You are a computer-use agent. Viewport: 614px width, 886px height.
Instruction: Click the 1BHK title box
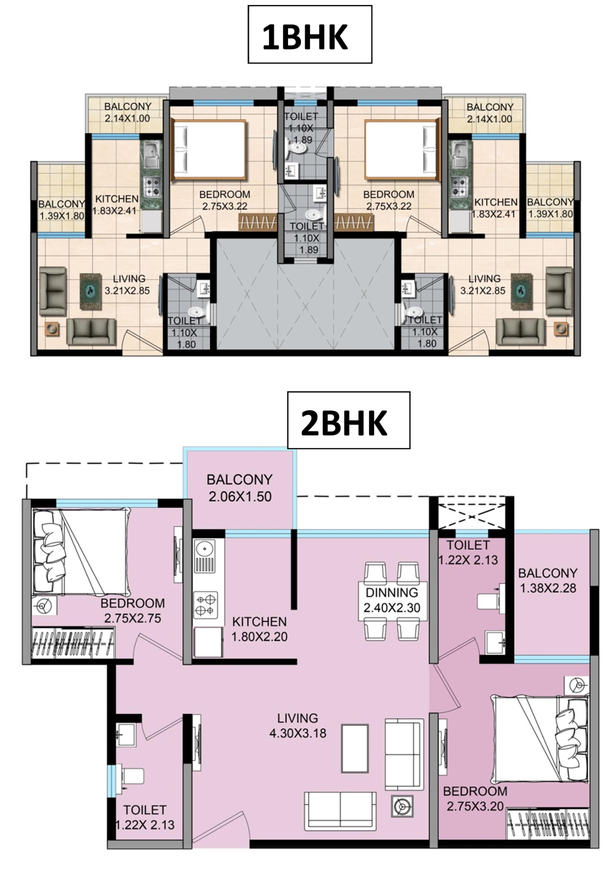point(309,34)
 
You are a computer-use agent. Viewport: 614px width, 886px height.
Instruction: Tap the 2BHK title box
point(348,420)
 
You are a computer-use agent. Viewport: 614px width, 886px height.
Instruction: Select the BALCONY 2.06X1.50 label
point(240,488)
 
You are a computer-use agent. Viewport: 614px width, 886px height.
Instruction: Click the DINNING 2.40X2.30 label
point(392,599)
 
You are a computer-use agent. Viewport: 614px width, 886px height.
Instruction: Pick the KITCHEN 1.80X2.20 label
point(260,629)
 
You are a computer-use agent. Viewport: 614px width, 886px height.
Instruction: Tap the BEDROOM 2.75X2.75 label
point(133,611)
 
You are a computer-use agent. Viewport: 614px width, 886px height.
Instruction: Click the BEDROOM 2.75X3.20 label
point(475,798)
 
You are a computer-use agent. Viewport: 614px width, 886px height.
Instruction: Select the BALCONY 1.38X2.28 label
point(548,580)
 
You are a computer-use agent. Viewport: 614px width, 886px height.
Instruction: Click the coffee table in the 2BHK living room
point(355,749)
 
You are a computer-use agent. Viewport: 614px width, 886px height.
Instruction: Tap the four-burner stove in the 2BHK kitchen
point(206,605)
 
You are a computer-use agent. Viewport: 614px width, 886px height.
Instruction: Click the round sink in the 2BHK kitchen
point(204,549)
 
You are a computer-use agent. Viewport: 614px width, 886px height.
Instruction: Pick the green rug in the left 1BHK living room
point(91,291)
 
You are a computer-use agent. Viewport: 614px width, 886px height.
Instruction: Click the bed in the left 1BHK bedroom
point(208,150)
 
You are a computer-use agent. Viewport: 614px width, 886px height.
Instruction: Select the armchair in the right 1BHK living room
point(559,291)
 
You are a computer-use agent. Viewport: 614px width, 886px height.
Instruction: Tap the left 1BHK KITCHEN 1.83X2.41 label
point(115,204)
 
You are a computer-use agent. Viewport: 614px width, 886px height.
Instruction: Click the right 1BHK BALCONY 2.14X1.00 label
point(490,113)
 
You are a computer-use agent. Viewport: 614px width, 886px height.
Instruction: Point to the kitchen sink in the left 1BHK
point(151,155)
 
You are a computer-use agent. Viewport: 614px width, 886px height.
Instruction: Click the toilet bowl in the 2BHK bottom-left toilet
point(133,776)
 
